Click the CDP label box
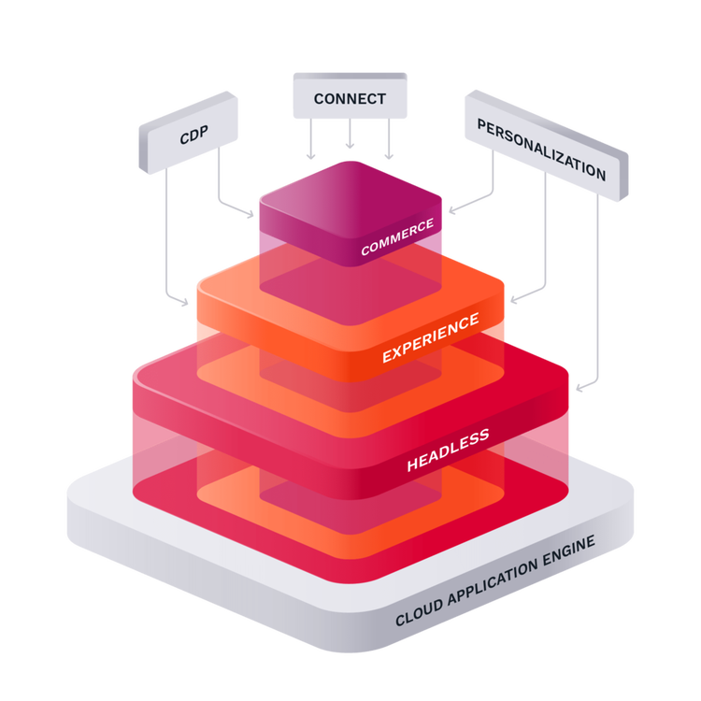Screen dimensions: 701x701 click(191, 135)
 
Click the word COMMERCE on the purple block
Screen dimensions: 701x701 click(397, 237)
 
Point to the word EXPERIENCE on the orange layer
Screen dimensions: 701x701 click(430, 338)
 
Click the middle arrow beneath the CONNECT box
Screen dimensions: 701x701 click(350, 146)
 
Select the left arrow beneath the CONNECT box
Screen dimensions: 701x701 click(310, 151)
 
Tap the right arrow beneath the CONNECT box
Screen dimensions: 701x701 click(389, 151)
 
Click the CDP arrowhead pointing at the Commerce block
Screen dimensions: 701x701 click(250, 217)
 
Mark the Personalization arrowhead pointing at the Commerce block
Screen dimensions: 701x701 click(451, 211)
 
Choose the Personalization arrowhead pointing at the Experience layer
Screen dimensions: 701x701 click(513, 301)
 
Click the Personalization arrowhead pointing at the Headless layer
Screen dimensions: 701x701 click(579, 386)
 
